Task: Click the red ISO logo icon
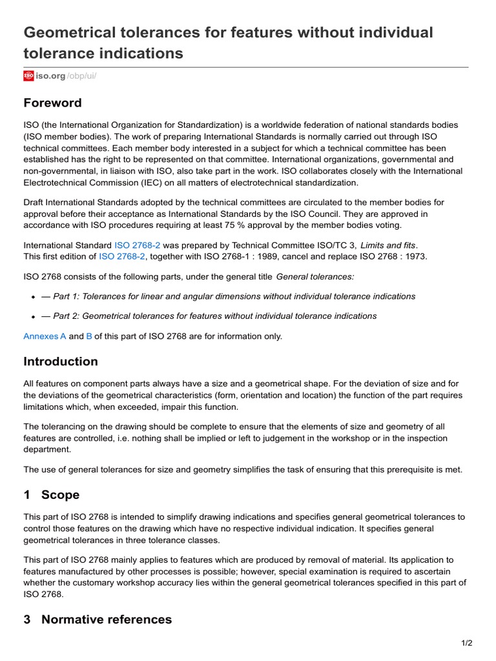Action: tap(28, 76)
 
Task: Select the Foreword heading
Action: tap(52, 103)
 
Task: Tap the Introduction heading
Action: tap(61, 361)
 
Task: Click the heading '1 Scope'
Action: tap(52, 495)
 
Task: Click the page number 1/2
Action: tap(467, 643)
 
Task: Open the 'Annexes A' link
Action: tap(45, 336)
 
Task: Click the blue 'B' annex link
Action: tap(89, 336)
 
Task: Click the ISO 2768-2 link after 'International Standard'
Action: tap(137, 245)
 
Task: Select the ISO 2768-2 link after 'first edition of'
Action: tap(122, 256)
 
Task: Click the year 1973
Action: tap(416, 256)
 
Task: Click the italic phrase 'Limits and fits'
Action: tap(390, 245)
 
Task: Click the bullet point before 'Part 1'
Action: tap(32, 297)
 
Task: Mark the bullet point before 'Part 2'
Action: tap(32, 317)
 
